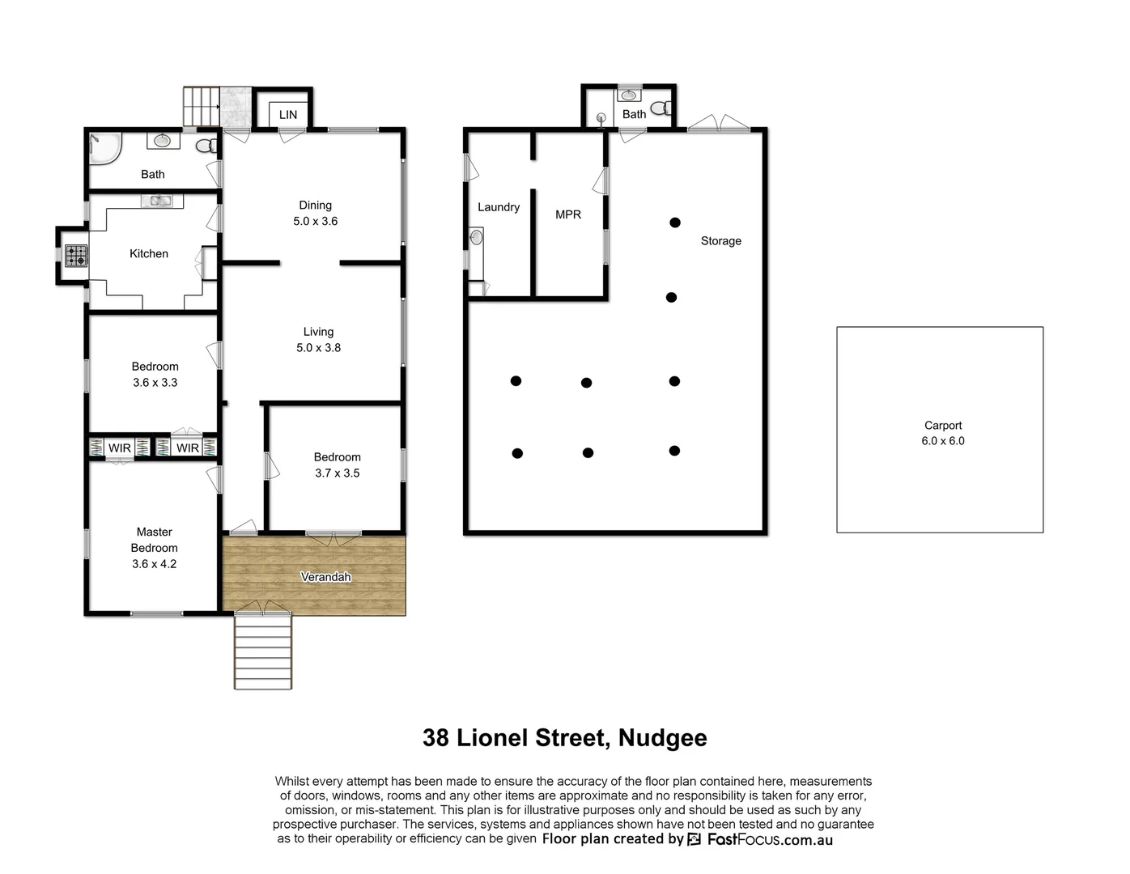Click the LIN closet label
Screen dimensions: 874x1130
pyautogui.click(x=288, y=115)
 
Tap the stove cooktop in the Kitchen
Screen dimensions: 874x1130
pyautogui.click(x=76, y=256)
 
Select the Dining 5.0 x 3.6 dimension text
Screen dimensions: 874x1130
pyautogui.click(x=315, y=221)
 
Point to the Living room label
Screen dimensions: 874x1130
pyautogui.click(x=318, y=332)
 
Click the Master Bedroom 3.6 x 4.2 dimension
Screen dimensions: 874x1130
pyautogui.click(x=154, y=564)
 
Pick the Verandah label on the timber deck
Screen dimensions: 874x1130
pyautogui.click(x=325, y=577)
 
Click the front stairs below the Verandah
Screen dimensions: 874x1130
pyautogui.click(x=263, y=652)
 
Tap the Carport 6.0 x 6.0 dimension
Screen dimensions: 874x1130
pyautogui.click(x=942, y=441)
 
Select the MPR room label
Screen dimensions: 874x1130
pyautogui.click(x=568, y=214)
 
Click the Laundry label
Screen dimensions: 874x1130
pyautogui.click(x=499, y=207)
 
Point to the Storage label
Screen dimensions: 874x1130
pyautogui.click(x=720, y=241)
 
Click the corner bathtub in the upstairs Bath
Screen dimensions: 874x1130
pyautogui.click(x=104, y=148)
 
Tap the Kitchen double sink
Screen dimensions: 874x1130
pyautogui.click(x=156, y=201)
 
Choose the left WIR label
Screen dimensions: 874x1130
pyautogui.click(x=120, y=448)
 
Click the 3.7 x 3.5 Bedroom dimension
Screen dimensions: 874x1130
pyautogui.click(x=337, y=473)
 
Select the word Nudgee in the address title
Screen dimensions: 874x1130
pyautogui.click(x=662, y=738)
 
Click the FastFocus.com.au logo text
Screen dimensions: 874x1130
pyautogui.click(x=769, y=839)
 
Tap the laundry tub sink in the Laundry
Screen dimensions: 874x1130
pyautogui.click(x=476, y=238)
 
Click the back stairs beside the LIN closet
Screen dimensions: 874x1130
pyautogui.click(x=202, y=106)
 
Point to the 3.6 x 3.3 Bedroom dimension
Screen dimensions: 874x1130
pyautogui.click(x=155, y=383)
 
